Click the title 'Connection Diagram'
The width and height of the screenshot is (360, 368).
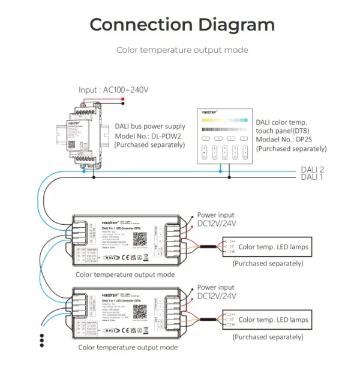tap(182, 25)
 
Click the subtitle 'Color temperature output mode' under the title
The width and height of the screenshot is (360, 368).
tap(182, 50)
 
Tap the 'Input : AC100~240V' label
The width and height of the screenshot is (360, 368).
tap(113, 90)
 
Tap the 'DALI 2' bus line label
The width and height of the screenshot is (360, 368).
tap(312, 170)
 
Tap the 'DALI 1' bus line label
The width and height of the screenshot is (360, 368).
tap(312, 177)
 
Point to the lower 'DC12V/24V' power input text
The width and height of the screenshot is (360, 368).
tap(217, 296)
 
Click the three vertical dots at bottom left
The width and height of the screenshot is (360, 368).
tap(42, 340)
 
